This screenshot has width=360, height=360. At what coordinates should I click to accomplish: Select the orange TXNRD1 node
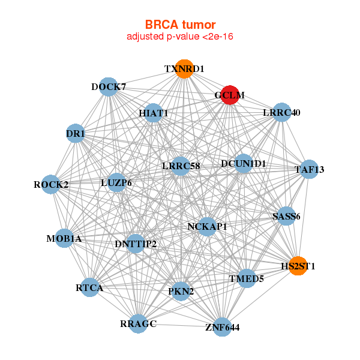[184, 70]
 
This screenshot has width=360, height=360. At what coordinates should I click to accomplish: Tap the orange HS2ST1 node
[298, 265]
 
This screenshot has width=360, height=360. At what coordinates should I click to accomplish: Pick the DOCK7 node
[108, 87]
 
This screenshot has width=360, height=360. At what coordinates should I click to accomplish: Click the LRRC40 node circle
[281, 112]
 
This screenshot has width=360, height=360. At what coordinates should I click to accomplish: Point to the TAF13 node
[308, 169]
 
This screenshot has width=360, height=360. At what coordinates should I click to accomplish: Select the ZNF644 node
[222, 326]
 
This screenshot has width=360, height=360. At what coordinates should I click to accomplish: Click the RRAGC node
[138, 323]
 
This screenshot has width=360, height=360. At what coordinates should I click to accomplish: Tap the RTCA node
[90, 288]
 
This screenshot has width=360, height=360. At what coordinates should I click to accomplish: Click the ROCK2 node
[52, 184]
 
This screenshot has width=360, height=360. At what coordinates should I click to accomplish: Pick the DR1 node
[75, 133]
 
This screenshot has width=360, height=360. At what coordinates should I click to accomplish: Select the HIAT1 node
[154, 113]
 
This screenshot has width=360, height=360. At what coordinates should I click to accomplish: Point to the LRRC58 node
[181, 166]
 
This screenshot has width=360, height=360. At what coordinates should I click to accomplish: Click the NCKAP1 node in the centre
[207, 226]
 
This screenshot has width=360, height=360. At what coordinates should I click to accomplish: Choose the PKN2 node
[181, 292]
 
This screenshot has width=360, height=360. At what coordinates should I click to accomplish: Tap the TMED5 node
[246, 278]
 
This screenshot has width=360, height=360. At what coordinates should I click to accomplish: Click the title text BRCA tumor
[180, 25]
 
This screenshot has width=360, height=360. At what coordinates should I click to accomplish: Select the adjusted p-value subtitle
[180, 37]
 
